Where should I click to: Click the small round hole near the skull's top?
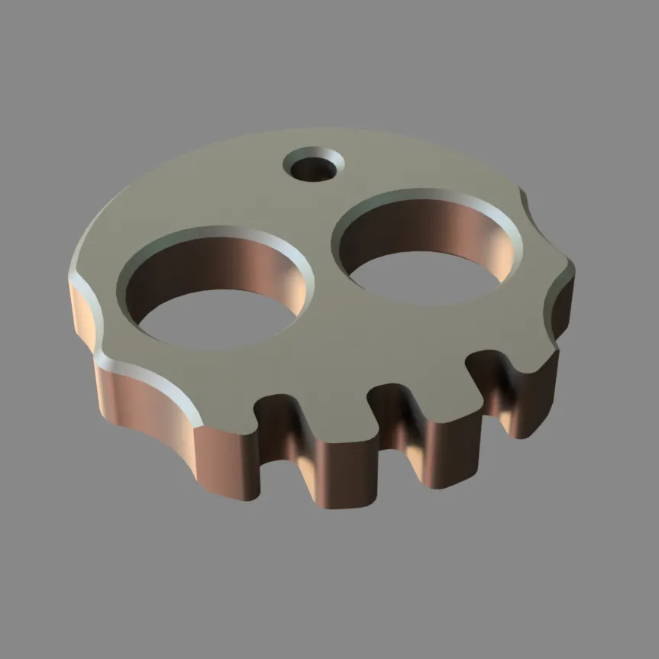point(313,167)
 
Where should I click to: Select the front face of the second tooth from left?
point(347,473)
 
